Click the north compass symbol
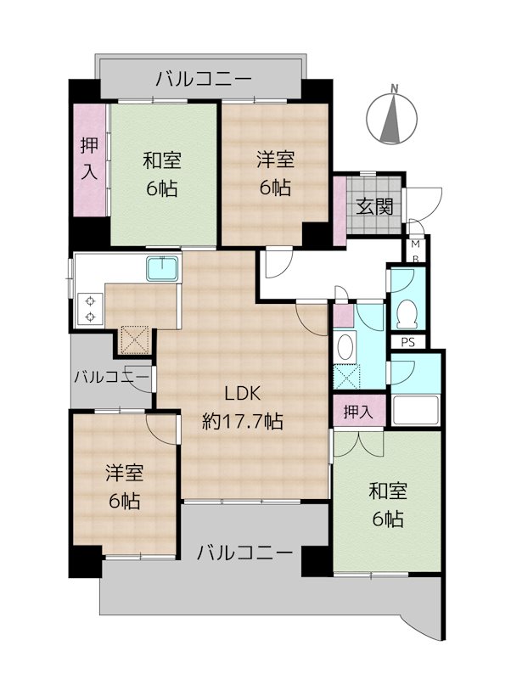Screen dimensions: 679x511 pyautogui.click(x=393, y=117)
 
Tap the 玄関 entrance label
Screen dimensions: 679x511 pyautogui.click(x=373, y=205)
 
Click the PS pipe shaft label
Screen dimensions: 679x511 pyautogui.click(x=407, y=342)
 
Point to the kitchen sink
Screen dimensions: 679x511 pyautogui.click(x=162, y=270)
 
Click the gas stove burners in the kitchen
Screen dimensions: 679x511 pyautogui.click(x=87, y=307)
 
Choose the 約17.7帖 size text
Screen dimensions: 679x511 pyautogui.click(x=243, y=421)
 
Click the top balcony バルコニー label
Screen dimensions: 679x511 pyautogui.click(x=204, y=80)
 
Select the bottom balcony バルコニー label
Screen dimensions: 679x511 pyautogui.click(x=245, y=553)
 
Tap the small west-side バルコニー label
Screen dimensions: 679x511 pyautogui.click(x=111, y=376)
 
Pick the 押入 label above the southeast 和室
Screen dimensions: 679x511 pyautogui.click(x=358, y=412)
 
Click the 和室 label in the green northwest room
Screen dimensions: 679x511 pyautogui.click(x=161, y=160)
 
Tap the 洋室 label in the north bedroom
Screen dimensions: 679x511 pyautogui.click(x=275, y=159)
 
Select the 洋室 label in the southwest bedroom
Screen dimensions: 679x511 pyautogui.click(x=124, y=473)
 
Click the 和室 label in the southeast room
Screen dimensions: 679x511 pyautogui.click(x=387, y=490)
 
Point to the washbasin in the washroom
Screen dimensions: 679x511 pyautogui.click(x=345, y=346)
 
